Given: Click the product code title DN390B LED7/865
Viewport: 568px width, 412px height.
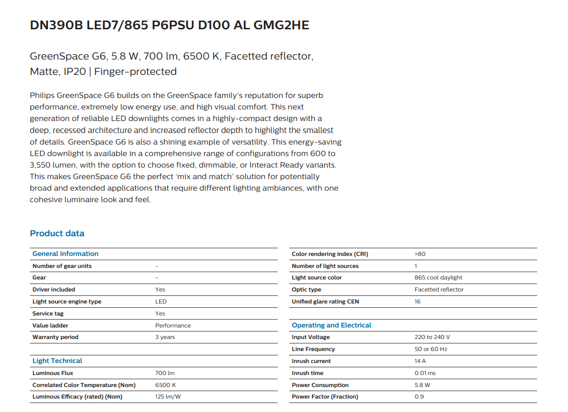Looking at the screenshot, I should pos(169,25).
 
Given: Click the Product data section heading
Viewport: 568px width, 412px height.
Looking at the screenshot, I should pos(57,233).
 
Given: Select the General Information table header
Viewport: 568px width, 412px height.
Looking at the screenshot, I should pos(65,254).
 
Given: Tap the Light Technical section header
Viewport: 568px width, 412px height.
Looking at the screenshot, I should pos(57,361).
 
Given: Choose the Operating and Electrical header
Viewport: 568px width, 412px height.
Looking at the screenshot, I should pos(331,325).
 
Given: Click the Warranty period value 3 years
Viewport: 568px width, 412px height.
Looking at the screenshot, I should pos(165,337).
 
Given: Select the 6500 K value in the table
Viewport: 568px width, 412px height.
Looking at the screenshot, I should pos(166,385).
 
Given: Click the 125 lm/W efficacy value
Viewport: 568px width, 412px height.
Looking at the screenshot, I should pos(168,397).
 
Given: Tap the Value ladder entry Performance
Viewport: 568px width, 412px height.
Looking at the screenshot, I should pos(173,326).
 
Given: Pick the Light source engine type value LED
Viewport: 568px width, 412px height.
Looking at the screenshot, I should pos(161,302).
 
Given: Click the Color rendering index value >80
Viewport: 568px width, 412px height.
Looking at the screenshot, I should pos(420,254).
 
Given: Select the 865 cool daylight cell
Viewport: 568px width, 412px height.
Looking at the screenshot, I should pos(438,278).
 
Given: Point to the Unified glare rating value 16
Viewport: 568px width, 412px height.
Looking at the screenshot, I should pos(417,302).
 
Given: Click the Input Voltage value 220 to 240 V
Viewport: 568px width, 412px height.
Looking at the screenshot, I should pos(432,337).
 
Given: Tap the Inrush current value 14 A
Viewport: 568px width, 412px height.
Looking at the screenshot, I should pos(420,361).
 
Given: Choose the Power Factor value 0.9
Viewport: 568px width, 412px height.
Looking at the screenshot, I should pos(419,397).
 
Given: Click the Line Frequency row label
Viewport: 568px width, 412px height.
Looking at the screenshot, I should pos(313,349).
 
